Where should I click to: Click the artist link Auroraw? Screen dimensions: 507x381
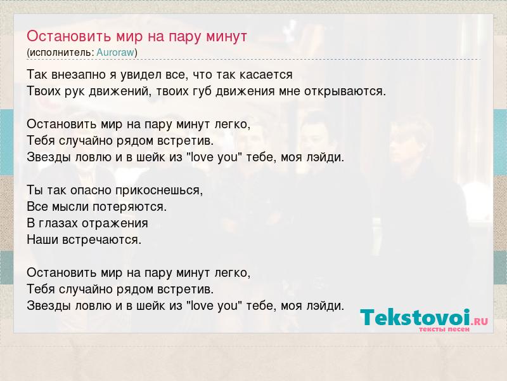pos(115,52)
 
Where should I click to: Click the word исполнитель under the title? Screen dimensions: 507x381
pos(60,53)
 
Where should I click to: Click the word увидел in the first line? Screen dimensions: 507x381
pos(141,75)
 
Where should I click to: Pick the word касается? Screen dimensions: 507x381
pos(266,75)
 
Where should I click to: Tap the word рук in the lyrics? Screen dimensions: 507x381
pos(75,91)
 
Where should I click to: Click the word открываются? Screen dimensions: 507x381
pos(345,91)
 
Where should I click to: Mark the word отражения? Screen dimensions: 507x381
pos(115,224)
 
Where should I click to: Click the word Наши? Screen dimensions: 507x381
pos(42,240)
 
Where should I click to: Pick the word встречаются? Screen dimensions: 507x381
pos(101,240)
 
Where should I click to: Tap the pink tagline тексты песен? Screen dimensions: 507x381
pos(444,329)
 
